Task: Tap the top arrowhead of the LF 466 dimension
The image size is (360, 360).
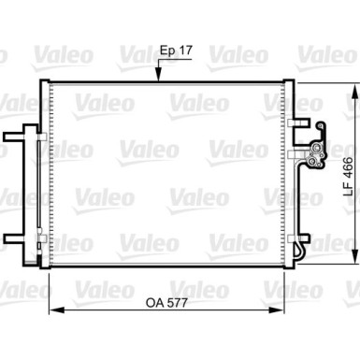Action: (x=354, y=85)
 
